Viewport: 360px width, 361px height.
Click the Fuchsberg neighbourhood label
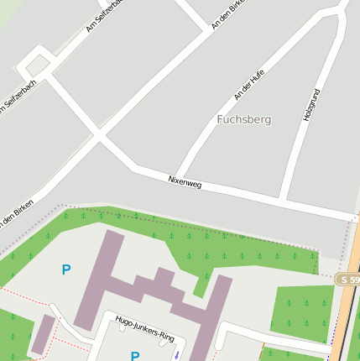[243, 120]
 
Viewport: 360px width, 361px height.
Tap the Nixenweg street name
[185, 180]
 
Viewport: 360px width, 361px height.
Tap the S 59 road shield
[347, 279]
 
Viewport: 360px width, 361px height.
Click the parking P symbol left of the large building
[66, 269]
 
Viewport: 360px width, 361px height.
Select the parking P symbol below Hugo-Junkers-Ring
[135, 356]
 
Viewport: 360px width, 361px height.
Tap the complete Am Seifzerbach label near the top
[104, 15]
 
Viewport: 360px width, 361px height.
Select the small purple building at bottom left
[42, 334]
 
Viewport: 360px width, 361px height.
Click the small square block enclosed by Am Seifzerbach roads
[38, 65]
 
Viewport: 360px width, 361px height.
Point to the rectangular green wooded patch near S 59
[303, 308]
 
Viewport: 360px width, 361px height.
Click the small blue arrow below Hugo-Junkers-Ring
[176, 354]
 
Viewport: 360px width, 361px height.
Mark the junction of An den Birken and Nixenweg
[99, 134]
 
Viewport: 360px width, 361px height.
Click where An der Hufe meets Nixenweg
[177, 178]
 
